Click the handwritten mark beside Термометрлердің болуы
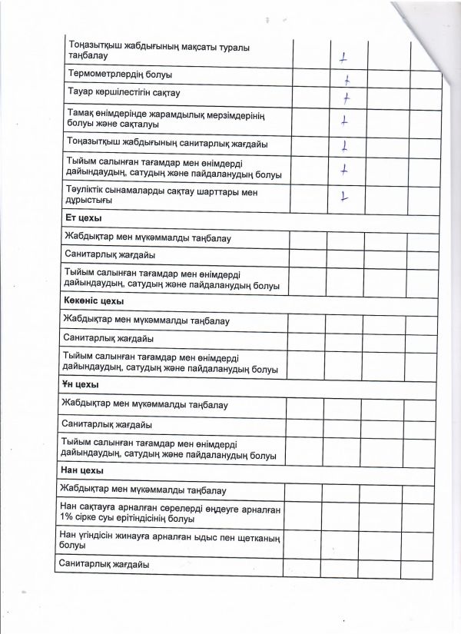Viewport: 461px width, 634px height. tap(347, 80)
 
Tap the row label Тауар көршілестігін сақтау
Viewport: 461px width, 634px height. tap(124, 93)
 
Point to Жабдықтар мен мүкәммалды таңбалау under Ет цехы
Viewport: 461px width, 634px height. tap(147, 238)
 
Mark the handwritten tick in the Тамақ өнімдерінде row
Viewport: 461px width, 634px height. tap(345, 120)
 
